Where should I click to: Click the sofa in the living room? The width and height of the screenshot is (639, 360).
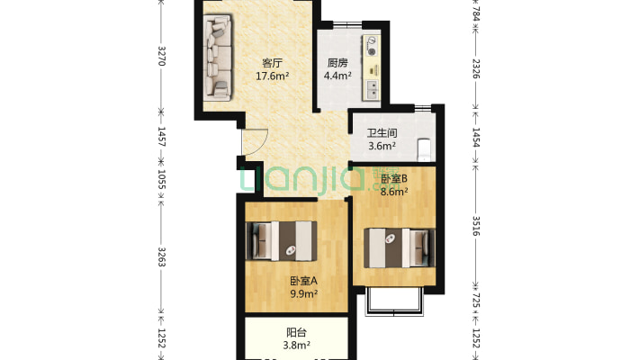click(218, 58)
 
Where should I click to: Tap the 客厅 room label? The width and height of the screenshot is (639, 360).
click(272, 63)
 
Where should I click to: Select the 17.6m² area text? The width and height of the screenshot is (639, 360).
click(272, 76)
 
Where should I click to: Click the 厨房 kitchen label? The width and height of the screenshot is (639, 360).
click(337, 63)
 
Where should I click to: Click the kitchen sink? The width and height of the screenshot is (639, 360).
click(372, 90)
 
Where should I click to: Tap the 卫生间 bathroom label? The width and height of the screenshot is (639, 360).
click(382, 133)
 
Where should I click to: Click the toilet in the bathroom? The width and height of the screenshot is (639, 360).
click(424, 149)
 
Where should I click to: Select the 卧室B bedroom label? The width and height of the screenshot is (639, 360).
click(394, 178)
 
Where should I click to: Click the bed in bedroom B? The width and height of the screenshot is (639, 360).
click(400, 247)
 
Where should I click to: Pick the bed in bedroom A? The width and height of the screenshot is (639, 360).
click(281, 241)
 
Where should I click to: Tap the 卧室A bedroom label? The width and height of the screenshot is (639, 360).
click(303, 281)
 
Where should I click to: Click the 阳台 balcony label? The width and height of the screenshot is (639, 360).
click(296, 332)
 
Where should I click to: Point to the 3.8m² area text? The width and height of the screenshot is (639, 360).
click(297, 346)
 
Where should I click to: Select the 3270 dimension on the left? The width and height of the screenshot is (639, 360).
click(161, 56)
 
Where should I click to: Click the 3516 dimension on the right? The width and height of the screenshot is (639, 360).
click(475, 226)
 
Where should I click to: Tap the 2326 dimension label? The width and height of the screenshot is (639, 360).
click(475, 68)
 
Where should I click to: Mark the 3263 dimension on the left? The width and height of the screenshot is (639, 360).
click(161, 256)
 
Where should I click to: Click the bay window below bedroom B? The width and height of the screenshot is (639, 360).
click(394, 302)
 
